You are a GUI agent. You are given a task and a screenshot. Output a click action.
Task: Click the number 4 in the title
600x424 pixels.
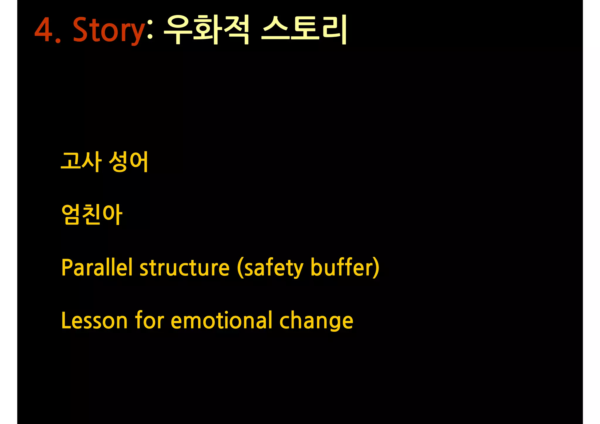point(44,30)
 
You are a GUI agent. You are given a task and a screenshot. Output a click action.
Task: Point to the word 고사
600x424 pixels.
point(81,161)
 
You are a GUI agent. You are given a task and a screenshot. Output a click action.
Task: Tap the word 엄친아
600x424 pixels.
point(92,214)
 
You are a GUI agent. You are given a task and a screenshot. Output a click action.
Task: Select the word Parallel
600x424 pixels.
point(97,267)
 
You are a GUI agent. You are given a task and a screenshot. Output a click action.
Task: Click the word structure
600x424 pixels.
point(185,268)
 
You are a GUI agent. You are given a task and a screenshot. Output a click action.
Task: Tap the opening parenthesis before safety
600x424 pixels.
point(240,268)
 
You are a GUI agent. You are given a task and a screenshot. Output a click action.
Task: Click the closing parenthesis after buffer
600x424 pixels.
point(376,268)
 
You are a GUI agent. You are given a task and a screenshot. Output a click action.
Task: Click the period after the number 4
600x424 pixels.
point(58,41)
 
